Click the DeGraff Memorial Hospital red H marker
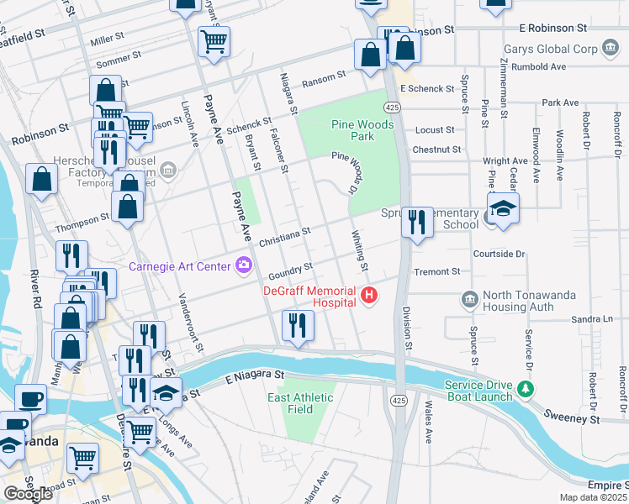click(368, 295)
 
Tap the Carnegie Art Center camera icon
click(244, 266)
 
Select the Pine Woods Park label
click(351, 129)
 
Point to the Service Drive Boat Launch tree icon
click(526, 388)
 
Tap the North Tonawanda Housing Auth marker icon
click(468, 298)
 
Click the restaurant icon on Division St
click(417, 223)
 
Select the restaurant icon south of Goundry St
click(298, 325)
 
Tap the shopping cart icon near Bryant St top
click(214, 39)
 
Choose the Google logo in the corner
click(27, 494)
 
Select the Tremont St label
click(437, 271)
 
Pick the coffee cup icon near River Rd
click(30, 399)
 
